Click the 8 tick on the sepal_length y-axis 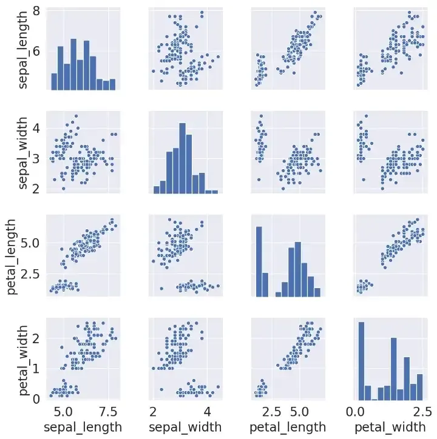click(37, 12)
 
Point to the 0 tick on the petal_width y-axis click(37, 398)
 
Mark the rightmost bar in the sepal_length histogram click(112, 84)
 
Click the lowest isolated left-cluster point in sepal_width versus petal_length click(259, 179)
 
